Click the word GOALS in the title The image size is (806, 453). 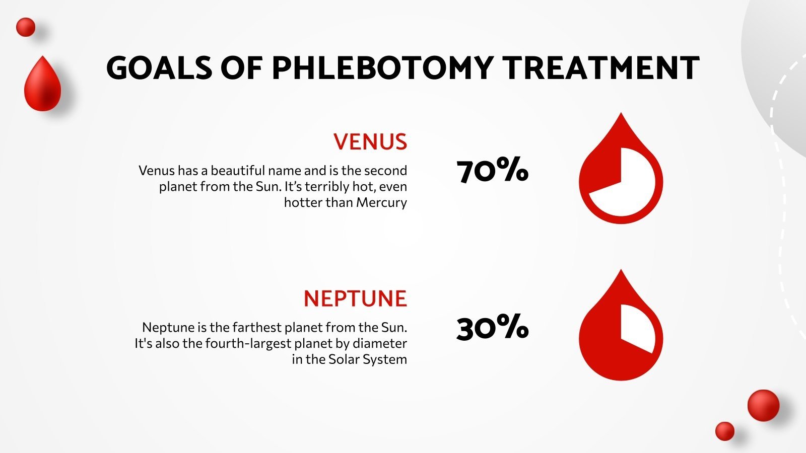pyautogui.click(x=159, y=68)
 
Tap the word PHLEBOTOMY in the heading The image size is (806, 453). pyautogui.click(x=382, y=68)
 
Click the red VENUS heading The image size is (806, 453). pyautogui.click(x=370, y=142)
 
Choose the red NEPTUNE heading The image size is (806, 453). pyautogui.click(x=355, y=299)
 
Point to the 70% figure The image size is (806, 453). pyautogui.click(x=492, y=171)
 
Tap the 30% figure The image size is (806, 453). pyautogui.click(x=492, y=328)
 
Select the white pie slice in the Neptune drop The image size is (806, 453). pyautogui.click(x=637, y=327)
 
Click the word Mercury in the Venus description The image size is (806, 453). pyautogui.click(x=381, y=202)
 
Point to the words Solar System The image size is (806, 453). pyautogui.click(x=368, y=359)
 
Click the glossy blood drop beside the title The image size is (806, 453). pyautogui.click(x=42, y=85)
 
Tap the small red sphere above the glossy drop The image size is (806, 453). pyautogui.click(x=26, y=27)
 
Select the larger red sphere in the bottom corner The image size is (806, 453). pyautogui.click(x=763, y=405)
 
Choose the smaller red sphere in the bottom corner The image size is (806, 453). pyautogui.click(x=725, y=431)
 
